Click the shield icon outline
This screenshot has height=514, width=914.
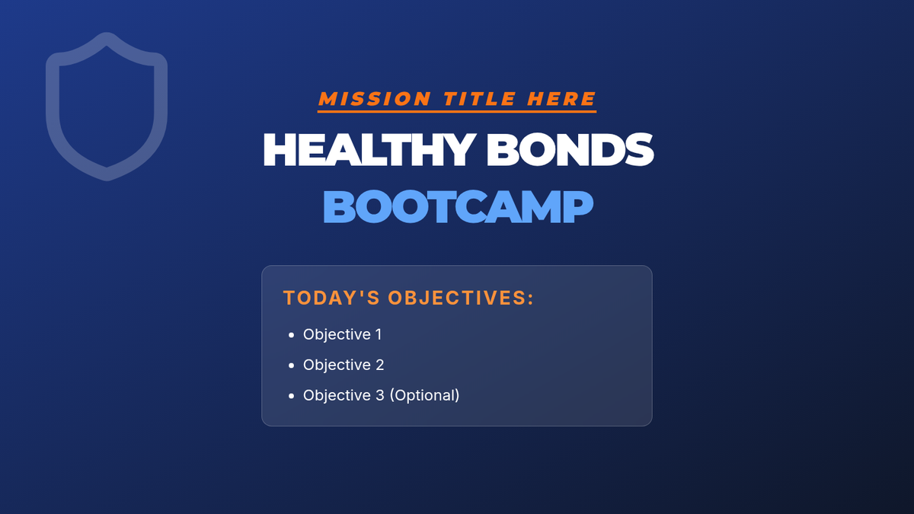click(x=53, y=106)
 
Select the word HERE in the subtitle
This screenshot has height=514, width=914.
click(x=561, y=99)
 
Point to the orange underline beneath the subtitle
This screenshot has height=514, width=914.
click(x=457, y=111)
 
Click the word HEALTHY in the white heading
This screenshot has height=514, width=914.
click(x=369, y=150)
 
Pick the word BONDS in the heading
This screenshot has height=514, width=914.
click(x=570, y=150)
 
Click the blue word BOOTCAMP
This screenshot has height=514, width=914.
click(x=458, y=206)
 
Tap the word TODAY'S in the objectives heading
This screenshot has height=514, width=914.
click(x=332, y=298)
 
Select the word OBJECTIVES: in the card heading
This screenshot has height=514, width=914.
click(x=461, y=298)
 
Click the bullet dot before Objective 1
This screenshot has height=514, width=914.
click(x=291, y=335)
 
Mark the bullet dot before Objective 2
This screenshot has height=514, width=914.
click(x=291, y=366)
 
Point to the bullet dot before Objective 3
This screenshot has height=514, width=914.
click(x=291, y=396)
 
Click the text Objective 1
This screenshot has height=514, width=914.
click(x=342, y=334)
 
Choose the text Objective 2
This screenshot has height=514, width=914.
click(x=344, y=365)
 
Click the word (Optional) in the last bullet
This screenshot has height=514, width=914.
click(x=424, y=395)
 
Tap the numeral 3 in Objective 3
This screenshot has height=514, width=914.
click(x=380, y=395)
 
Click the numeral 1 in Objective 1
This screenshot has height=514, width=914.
click(x=379, y=334)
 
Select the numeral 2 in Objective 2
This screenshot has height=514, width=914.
click(x=380, y=365)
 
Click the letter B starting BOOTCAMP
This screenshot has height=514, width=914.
click(x=339, y=207)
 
